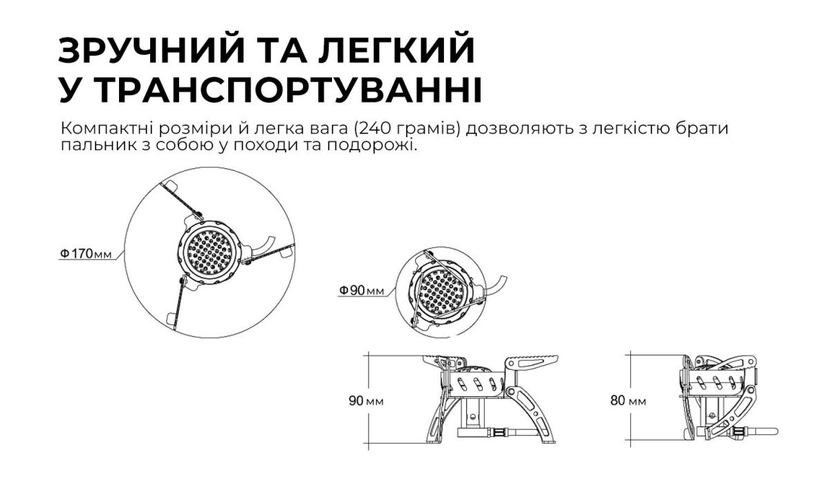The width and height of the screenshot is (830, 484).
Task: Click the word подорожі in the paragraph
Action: [383, 147]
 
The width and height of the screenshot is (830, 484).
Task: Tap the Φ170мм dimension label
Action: [84, 254]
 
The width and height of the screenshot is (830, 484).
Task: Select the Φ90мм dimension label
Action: [361, 291]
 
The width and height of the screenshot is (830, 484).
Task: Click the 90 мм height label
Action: [367, 401]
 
